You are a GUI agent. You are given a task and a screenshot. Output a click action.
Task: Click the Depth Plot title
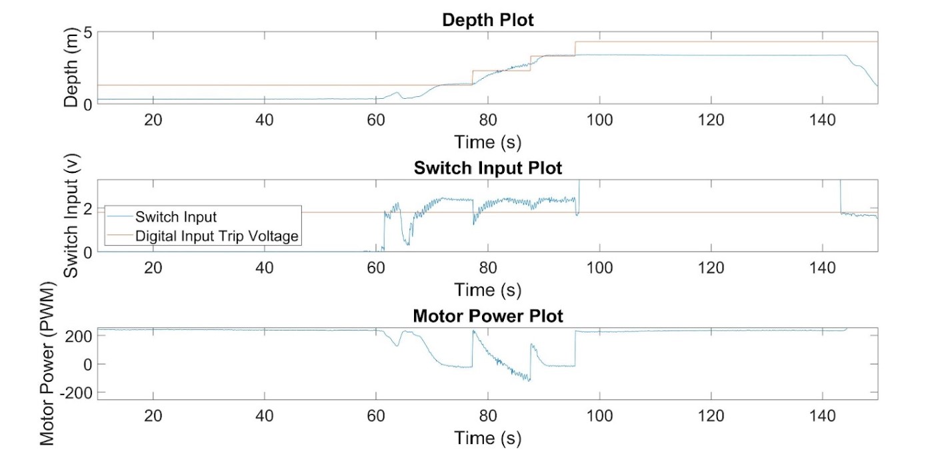tap(487, 20)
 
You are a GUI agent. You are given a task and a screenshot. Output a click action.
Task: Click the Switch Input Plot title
tap(487, 168)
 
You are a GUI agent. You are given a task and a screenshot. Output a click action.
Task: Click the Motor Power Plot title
tap(487, 316)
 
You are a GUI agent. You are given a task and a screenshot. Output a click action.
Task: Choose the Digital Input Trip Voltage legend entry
tap(217, 236)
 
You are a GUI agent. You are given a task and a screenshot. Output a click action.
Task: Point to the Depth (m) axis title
tap(71, 68)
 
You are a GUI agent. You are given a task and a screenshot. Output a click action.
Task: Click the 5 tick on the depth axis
tap(87, 32)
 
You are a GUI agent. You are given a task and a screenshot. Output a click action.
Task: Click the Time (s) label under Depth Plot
tap(487, 142)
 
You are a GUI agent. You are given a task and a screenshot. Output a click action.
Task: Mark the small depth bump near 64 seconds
tap(397, 93)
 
